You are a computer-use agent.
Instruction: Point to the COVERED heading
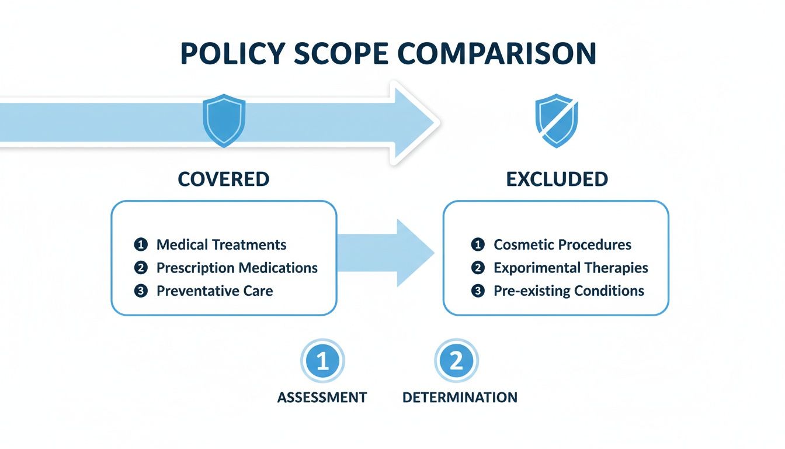pyautogui.click(x=224, y=179)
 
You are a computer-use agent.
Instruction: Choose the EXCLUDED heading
pyautogui.click(x=557, y=179)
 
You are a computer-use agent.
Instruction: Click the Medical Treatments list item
pyautogui.click(x=221, y=244)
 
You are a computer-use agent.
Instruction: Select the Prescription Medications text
pyautogui.click(x=237, y=268)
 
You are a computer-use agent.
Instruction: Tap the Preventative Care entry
pyautogui.click(x=214, y=291)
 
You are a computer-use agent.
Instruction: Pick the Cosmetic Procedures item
pyautogui.click(x=562, y=244)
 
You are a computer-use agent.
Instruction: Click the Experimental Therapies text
pyautogui.click(x=571, y=268)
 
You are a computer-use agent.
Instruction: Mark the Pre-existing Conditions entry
pyautogui.click(x=568, y=291)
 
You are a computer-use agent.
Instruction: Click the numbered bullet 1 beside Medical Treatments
pyautogui.click(x=140, y=244)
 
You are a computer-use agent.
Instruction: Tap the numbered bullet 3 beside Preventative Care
pyautogui.click(x=140, y=291)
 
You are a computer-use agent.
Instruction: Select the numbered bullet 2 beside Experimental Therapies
pyautogui.click(x=478, y=268)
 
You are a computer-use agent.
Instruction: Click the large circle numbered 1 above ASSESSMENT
pyautogui.click(x=322, y=361)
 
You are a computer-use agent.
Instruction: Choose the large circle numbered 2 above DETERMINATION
pyautogui.click(x=456, y=361)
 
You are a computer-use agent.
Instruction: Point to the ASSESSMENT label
pyautogui.click(x=322, y=398)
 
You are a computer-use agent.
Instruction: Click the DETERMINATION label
pyautogui.click(x=460, y=398)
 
